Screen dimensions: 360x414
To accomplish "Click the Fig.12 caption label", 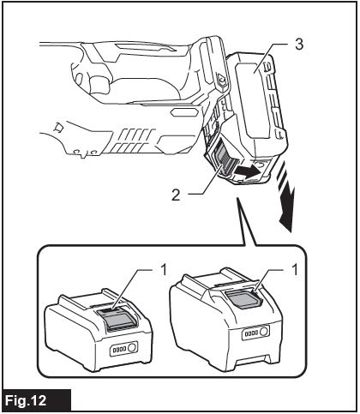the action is pyautogui.click(x=27, y=400).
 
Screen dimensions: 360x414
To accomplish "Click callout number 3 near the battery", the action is pyautogui.click(x=299, y=45).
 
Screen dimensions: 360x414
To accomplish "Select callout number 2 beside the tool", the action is pyautogui.click(x=176, y=195).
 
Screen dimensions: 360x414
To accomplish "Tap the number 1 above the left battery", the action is pyautogui.click(x=163, y=270).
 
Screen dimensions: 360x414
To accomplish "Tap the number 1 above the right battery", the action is pyautogui.click(x=294, y=270).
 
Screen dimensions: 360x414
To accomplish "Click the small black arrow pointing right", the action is pyautogui.click(x=248, y=171).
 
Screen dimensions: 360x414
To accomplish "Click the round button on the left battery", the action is pyautogui.click(x=132, y=348).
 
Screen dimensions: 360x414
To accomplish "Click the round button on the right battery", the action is pyautogui.click(x=264, y=332).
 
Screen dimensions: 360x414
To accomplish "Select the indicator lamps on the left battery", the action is pyautogui.click(x=119, y=350).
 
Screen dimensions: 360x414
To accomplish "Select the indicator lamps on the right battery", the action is pyautogui.click(x=251, y=333).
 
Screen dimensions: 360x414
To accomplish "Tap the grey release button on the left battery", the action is pyautogui.click(x=118, y=318).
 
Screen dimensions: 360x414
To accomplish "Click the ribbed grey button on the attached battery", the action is pyautogui.click(x=223, y=158).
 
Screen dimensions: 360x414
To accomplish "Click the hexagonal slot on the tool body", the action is pyautogui.click(x=184, y=112).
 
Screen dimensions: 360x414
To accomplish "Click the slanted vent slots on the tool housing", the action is pyautogui.click(x=132, y=141).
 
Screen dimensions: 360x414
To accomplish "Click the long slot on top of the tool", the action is pyautogui.click(x=145, y=47).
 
